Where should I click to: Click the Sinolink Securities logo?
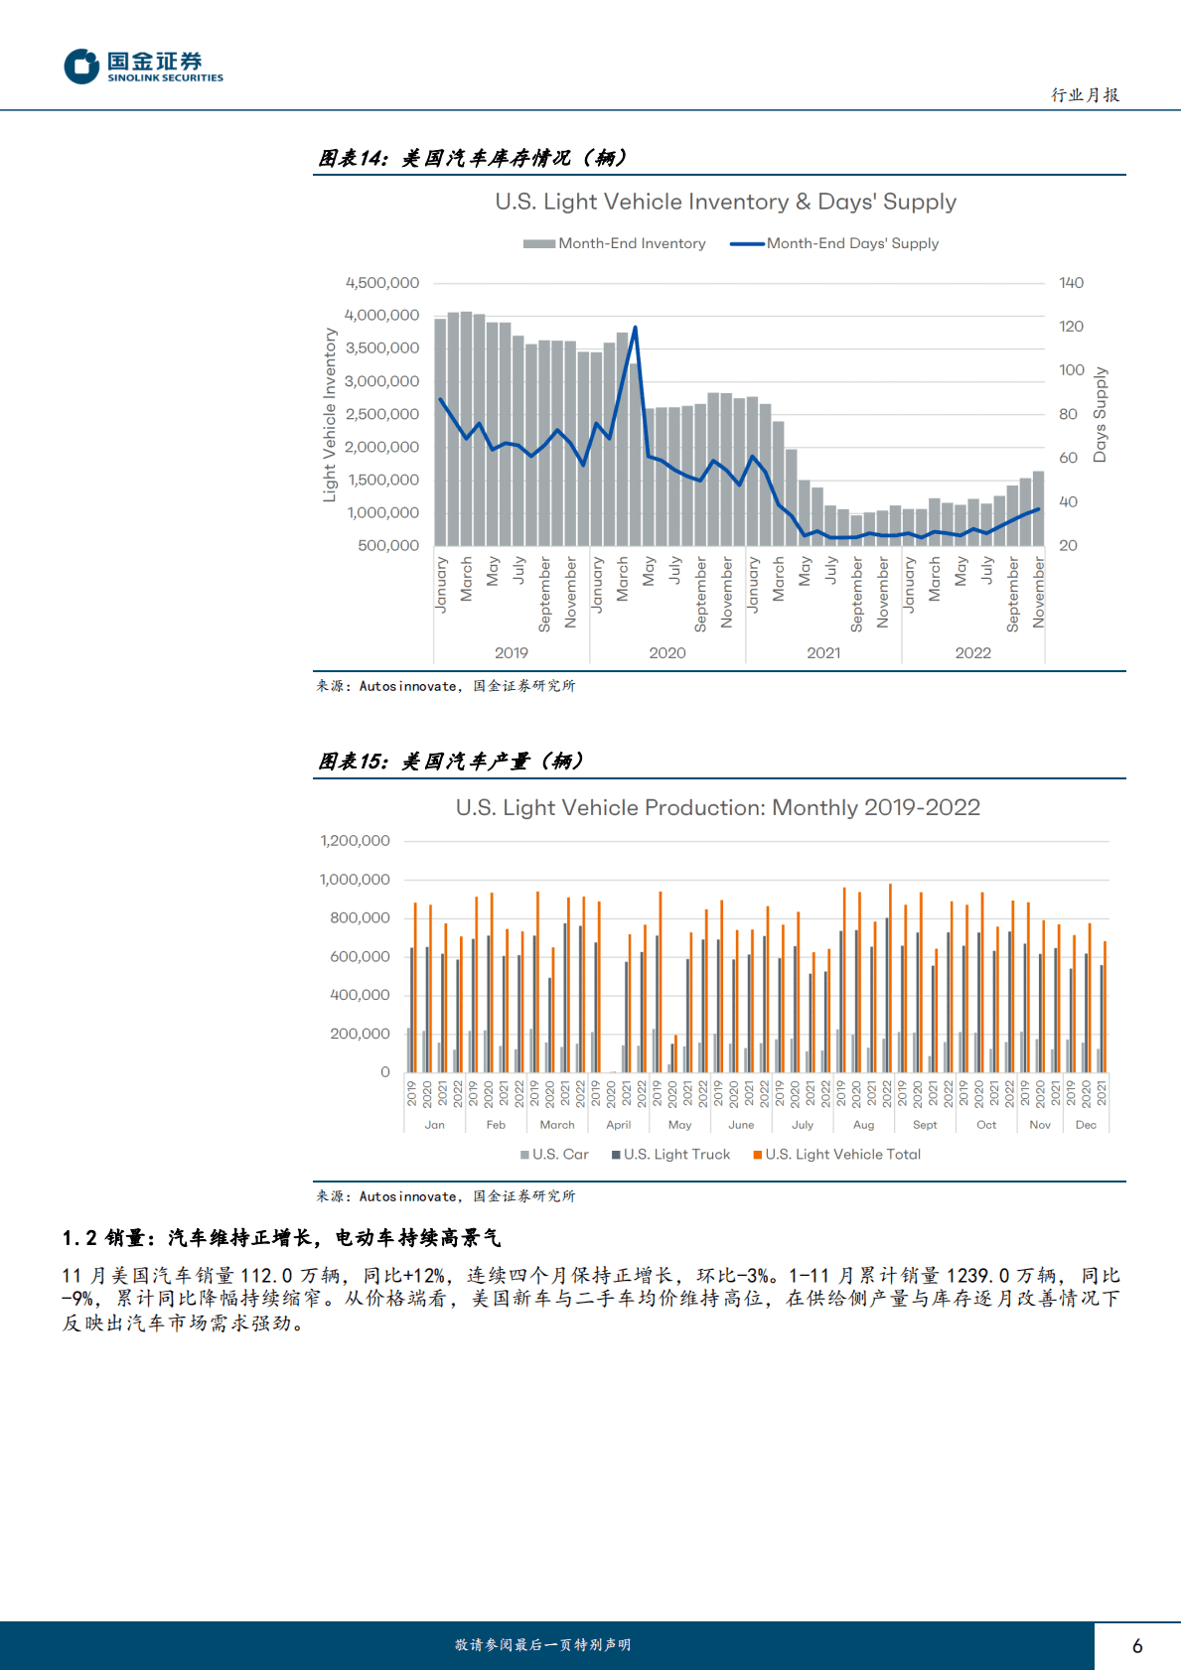coord(143,67)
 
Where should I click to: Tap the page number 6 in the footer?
coord(1137,1645)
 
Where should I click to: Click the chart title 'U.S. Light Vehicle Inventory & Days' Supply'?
coord(725,202)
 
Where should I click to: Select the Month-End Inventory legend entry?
coord(615,243)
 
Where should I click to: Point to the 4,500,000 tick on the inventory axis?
coord(382,283)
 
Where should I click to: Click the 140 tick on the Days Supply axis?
coord(1071,283)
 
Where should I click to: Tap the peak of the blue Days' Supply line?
coord(635,328)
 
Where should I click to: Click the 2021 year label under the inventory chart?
coord(823,652)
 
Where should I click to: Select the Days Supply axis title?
coord(1100,414)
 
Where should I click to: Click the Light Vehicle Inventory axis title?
coord(330,415)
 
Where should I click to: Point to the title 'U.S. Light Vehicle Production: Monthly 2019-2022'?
coord(717,807)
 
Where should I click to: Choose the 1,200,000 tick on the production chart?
coord(355,841)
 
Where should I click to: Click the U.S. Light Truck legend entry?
coord(671,1154)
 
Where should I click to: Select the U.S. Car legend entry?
coord(555,1154)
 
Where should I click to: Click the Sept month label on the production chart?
coord(925,1125)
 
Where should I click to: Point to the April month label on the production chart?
coord(618,1125)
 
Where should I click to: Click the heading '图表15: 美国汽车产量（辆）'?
coord(451,762)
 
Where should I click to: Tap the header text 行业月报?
coord(1085,95)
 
